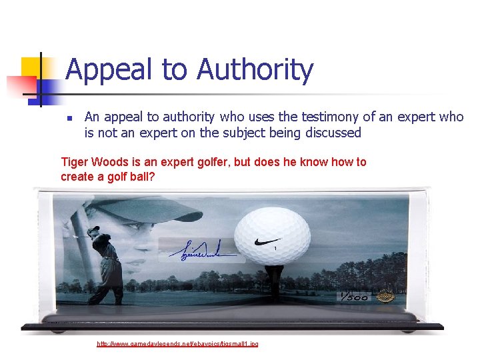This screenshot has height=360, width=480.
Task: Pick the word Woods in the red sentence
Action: point(108,162)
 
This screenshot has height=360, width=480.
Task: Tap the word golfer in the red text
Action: point(207,162)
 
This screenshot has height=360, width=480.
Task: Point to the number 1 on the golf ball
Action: point(275,249)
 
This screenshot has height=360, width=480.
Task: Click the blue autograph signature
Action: point(200,253)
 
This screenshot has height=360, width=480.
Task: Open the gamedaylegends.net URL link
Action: point(177,343)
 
